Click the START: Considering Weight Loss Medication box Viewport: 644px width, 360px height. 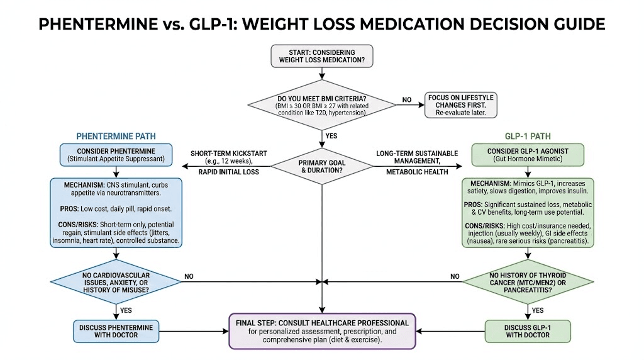coord(321,57)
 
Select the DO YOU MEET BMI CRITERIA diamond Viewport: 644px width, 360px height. coord(322,104)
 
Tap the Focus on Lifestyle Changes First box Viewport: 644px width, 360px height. coord(460,104)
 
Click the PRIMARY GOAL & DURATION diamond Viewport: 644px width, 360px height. coord(322,166)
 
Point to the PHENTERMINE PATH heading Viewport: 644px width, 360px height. coord(116,136)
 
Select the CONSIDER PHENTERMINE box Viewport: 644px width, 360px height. coord(116,155)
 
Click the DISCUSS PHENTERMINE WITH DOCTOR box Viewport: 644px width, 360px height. coord(116,331)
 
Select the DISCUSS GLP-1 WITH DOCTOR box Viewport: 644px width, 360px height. coord(528,331)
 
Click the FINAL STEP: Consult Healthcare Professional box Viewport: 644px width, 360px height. coord(322,331)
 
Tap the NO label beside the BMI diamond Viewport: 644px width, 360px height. coord(408,99)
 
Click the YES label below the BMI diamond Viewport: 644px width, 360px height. coord(331,135)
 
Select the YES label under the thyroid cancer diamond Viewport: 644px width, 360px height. coord(538,310)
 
